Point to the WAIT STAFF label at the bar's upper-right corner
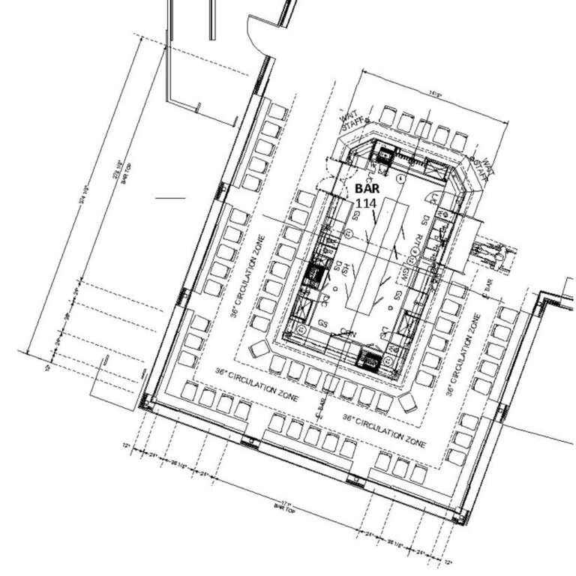(x=480, y=169)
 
